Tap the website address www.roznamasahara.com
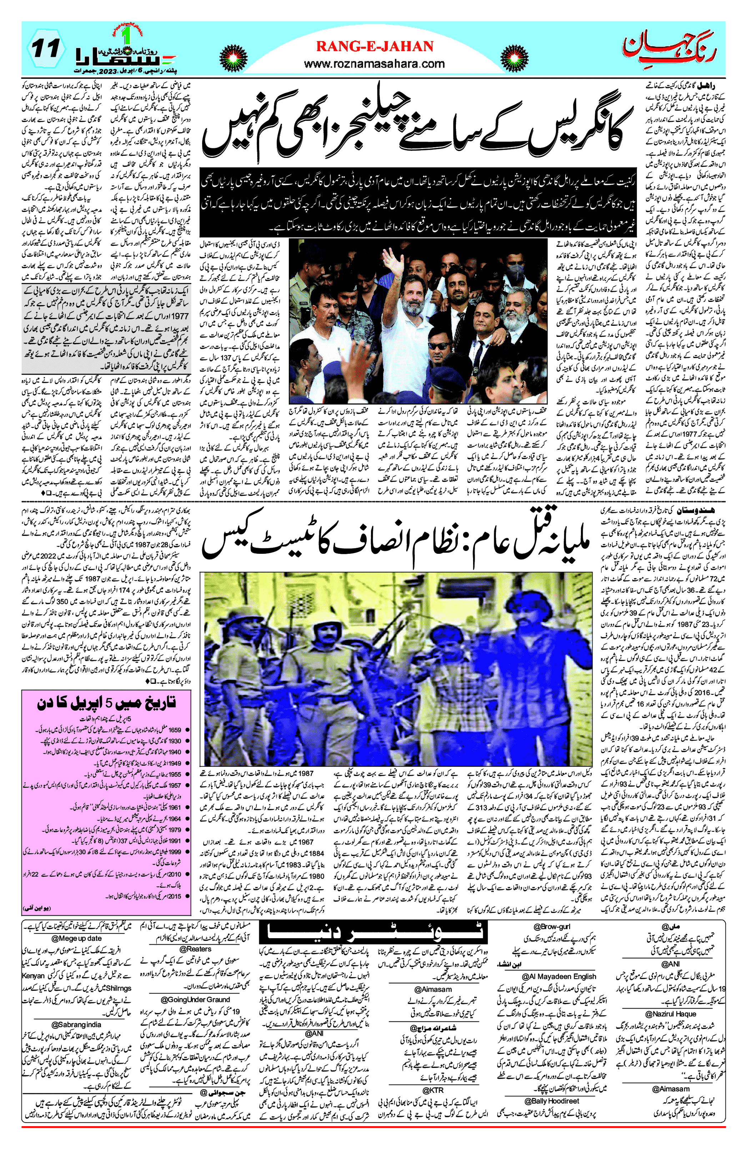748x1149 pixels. pyautogui.click(x=375, y=63)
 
